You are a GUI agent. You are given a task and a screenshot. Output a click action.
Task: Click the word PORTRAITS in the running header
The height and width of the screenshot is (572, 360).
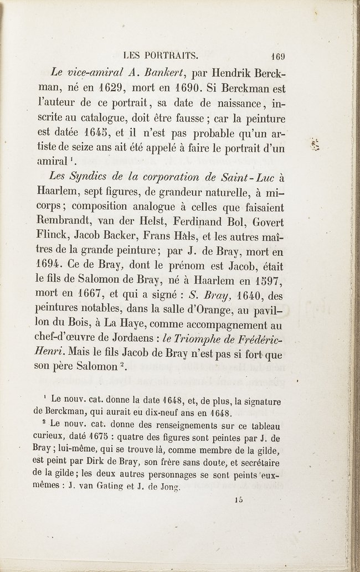(171, 55)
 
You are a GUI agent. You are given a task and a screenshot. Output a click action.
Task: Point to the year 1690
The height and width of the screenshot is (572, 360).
(229, 87)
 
